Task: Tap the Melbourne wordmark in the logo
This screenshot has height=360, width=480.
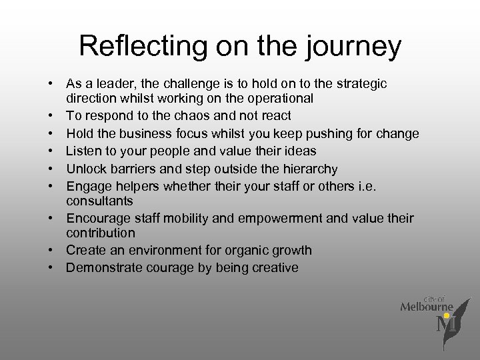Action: tap(427, 307)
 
